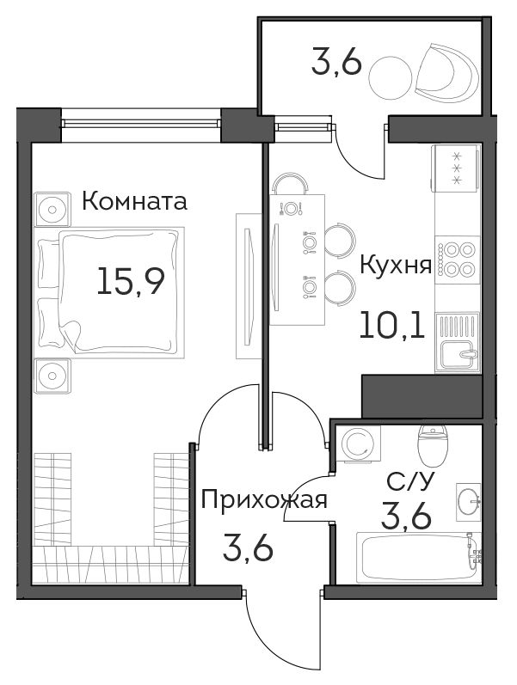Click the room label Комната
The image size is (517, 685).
tap(135, 202)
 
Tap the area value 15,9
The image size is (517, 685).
tap(131, 281)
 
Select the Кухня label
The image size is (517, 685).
tap(396, 265)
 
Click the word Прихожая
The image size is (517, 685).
tap(264, 499)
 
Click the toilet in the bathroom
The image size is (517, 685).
tap(433, 444)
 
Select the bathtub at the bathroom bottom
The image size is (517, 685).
tap(419, 557)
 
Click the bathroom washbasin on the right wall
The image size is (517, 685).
tap(469, 502)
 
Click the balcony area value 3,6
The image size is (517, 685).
tap(336, 64)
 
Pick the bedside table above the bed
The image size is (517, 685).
tap(52, 209)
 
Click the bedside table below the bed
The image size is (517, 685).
tap(52, 376)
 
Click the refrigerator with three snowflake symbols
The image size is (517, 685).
tap(456, 168)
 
